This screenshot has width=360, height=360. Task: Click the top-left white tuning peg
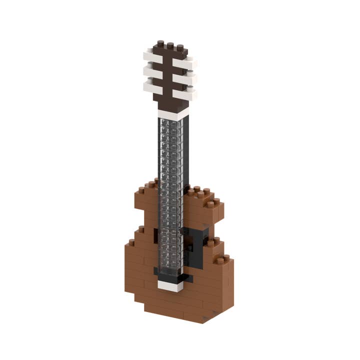point(152,55)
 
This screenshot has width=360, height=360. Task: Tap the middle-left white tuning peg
point(152,71)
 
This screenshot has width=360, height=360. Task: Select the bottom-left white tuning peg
point(152,86)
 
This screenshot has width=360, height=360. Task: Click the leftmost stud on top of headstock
point(160,43)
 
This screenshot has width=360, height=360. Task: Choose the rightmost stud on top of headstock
point(180,48)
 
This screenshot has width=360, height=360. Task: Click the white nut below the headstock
point(172,114)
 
